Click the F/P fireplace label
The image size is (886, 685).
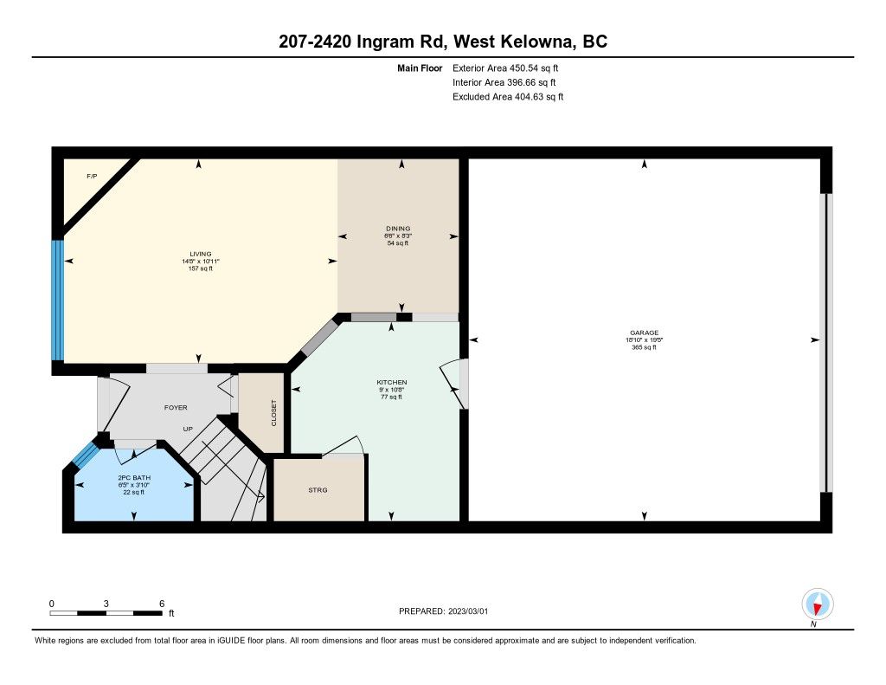(x=92, y=177)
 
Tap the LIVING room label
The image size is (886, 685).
(x=201, y=254)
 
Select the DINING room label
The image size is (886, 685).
(x=398, y=229)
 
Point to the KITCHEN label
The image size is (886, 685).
(x=392, y=383)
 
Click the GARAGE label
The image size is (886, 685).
(x=644, y=333)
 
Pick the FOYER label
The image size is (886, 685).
(x=176, y=407)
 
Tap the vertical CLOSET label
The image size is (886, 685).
(x=274, y=413)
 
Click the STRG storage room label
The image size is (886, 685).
(x=318, y=490)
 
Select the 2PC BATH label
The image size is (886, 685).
(x=134, y=478)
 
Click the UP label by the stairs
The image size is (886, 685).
(x=188, y=429)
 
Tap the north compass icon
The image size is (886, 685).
(x=817, y=604)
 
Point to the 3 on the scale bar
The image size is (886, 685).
(x=106, y=604)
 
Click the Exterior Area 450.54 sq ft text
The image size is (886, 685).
(x=505, y=68)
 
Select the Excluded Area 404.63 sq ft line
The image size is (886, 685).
(x=508, y=97)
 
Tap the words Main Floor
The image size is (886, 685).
(x=420, y=68)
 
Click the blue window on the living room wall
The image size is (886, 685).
(x=57, y=300)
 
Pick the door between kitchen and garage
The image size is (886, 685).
(x=455, y=384)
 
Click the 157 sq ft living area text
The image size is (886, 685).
(x=201, y=268)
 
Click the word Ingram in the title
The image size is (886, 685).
(x=388, y=42)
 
